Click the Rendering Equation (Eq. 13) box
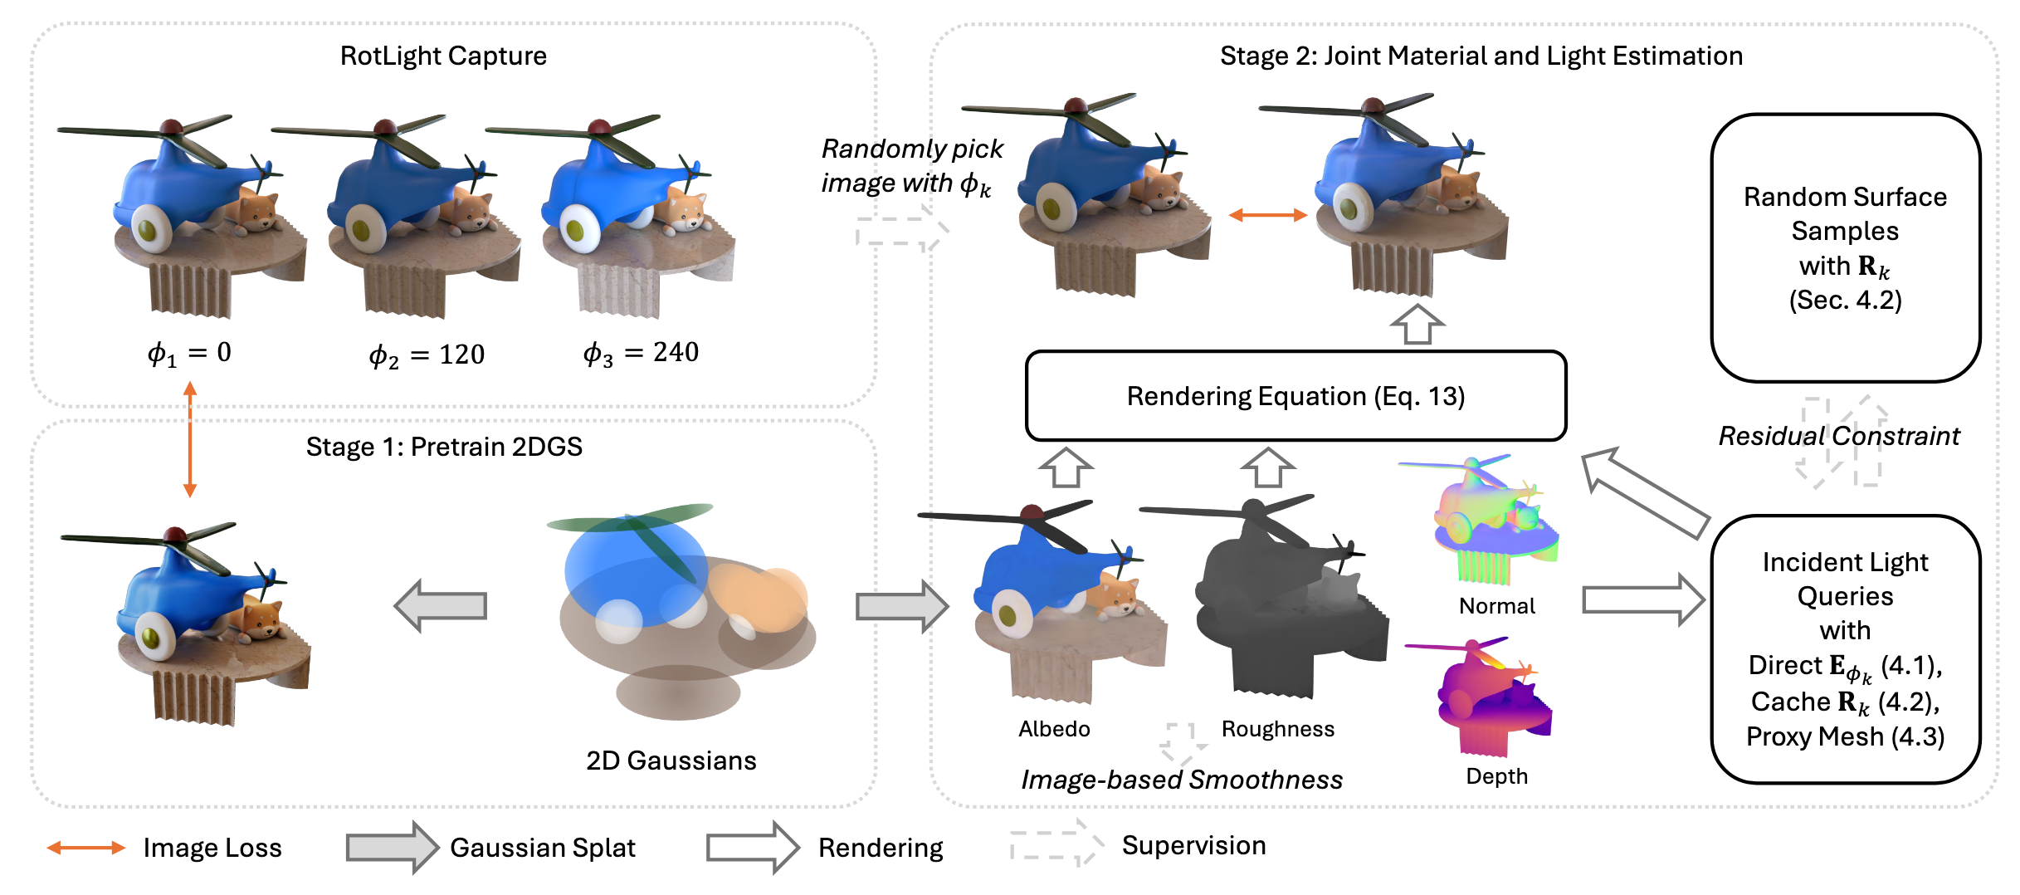coord(1295,396)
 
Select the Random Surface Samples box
coord(1845,248)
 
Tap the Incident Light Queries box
coord(1845,648)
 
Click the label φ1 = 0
coord(189,354)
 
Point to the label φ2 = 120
coord(427,355)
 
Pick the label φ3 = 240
coord(641,354)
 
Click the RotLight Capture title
coord(443,56)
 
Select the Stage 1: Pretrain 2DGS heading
coord(444,447)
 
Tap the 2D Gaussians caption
coord(671,761)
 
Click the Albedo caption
coord(1054,729)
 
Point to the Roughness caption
coord(1277,729)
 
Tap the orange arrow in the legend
coord(85,848)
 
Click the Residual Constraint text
coord(1838,436)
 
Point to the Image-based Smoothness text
coord(1181,780)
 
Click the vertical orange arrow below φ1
coord(190,439)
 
